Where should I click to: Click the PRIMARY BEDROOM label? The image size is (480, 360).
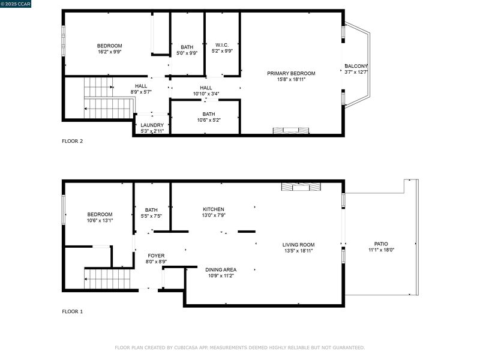point(291,73)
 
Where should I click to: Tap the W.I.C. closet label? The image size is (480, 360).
point(222,45)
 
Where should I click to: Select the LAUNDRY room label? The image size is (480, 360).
point(152,125)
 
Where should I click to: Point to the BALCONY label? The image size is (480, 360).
point(356,66)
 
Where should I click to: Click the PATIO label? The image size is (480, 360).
point(381,244)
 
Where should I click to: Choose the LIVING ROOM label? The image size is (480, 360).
point(298,245)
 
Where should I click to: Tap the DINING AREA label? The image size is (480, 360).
point(221,269)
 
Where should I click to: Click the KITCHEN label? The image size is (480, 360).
point(214,209)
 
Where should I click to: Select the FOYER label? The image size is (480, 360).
point(156,256)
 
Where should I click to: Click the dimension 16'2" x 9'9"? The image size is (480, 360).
point(110,52)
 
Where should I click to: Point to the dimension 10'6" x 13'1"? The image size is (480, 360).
point(100,220)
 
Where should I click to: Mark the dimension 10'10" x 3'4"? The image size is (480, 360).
point(206,94)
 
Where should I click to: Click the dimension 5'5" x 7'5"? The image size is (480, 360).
point(151,216)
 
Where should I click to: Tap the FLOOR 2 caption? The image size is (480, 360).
point(72,141)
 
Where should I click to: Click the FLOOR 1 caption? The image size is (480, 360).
point(72,311)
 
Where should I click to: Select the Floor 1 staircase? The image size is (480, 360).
point(107,278)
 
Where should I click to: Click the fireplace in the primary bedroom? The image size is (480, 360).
point(291,130)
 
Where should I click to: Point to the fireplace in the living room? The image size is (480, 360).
point(301,187)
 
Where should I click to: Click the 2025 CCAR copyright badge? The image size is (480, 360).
point(16,4)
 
